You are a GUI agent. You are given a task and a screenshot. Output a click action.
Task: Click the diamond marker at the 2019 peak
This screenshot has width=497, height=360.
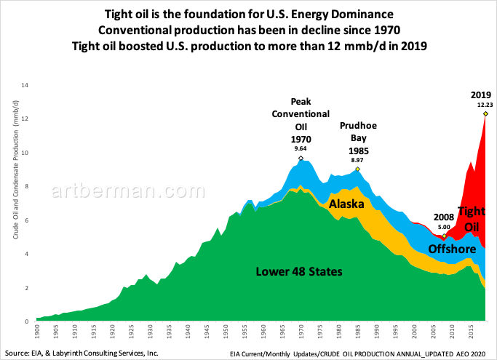(x=485, y=113)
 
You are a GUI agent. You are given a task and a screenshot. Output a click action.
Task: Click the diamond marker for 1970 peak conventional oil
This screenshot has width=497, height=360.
(x=301, y=158)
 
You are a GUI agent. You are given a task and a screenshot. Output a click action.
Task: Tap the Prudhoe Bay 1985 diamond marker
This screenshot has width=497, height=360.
(x=357, y=169)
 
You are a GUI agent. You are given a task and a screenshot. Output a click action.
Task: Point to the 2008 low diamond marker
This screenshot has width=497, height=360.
(x=444, y=236)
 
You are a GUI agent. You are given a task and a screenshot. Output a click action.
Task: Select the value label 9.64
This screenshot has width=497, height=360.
(x=301, y=149)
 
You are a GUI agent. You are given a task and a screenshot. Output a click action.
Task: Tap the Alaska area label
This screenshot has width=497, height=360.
(x=346, y=205)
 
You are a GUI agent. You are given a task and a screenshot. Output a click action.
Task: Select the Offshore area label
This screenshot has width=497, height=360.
(x=451, y=249)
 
